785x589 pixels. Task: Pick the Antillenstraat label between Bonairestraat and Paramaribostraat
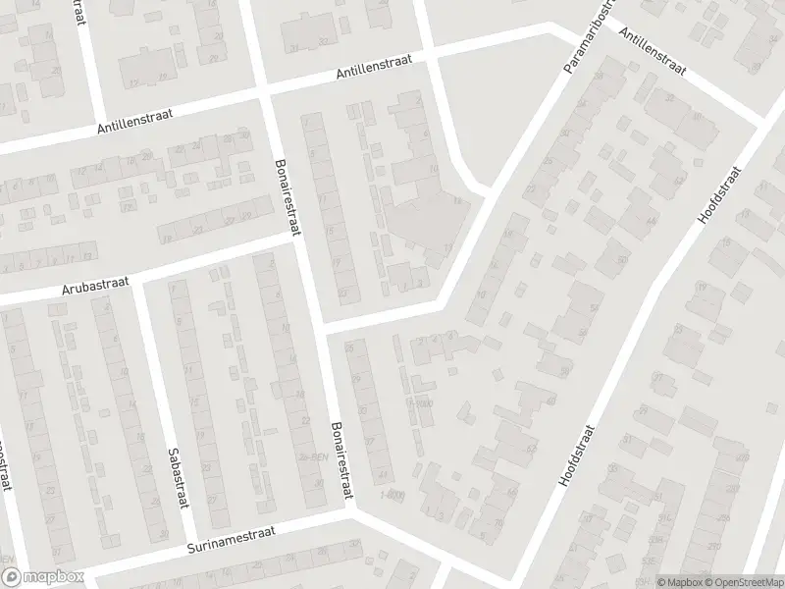[x=376, y=71]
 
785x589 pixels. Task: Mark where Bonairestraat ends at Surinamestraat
[x=350, y=509]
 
